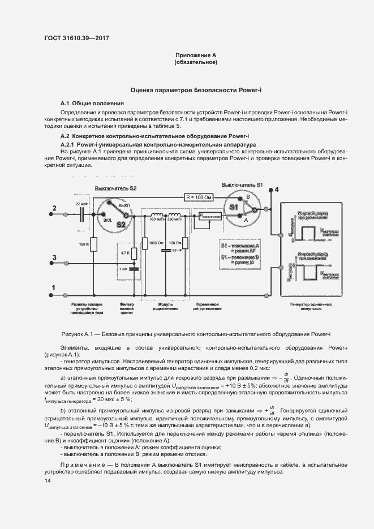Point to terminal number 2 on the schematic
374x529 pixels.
tap(55, 209)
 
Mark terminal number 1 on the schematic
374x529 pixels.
tap(54, 288)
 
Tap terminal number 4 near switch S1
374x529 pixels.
tap(276, 189)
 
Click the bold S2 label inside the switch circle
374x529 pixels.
tap(121, 225)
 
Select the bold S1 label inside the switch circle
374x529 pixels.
tap(234, 207)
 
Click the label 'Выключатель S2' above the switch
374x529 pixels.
tap(115, 187)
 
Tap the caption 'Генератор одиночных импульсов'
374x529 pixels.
tap(311, 307)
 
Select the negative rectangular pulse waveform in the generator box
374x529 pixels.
tap(308, 273)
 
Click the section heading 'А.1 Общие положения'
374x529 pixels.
tap(92, 104)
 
